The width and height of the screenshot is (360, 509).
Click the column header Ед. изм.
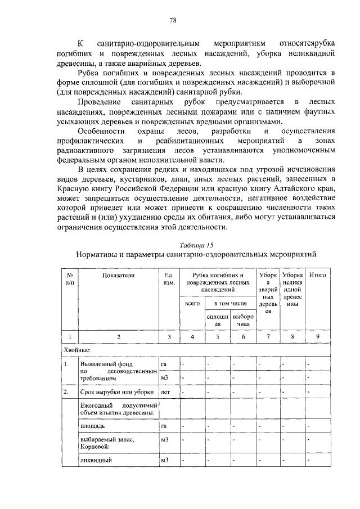pyautogui.click(x=167, y=279)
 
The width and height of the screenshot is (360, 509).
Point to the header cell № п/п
pyautogui.click(x=70, y=279)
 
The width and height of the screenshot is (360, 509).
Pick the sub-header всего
pyautogui.click(x=192, y=304)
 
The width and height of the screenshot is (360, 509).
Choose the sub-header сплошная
pyautogui.click(x=218, y=321)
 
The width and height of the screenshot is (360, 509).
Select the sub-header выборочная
pyautogui.click(x=243, y=321)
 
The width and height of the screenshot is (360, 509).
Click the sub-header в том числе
pyautogui.click(x=230, y=304)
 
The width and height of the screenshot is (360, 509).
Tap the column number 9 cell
pyautogui.click(x=318, y=337)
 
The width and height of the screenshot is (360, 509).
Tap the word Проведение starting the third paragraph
pyautogui.click(x=101, y=102)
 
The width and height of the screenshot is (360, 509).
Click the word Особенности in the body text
pyautogui.click(x=103, y=131)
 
